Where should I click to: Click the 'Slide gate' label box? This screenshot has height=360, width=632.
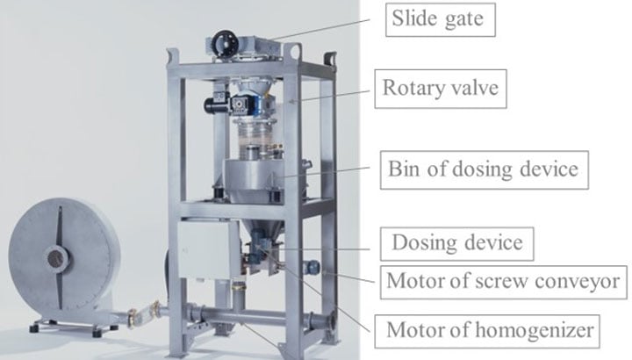pyautogui.click(x=440, y=19)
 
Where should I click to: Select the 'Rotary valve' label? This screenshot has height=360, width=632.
pyautogui.click(x=440, y=89)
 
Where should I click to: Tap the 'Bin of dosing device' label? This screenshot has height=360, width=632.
pyautogui.click(x=484, y=169)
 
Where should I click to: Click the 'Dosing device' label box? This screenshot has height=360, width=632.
pyautogui.click(x=456, y=244)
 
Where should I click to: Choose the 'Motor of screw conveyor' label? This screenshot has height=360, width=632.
pyautogui.click(x=503, y=282)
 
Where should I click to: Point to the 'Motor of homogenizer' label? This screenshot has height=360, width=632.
pyautogui.click(x=487, y=331)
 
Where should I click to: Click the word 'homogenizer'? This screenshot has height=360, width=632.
pyautogui.click(x=535, y=330)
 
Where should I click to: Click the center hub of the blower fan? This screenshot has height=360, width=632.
pyautogui.click(x=56, y=258)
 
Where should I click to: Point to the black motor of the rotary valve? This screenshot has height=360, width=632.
pyautogui.click(x=217, y=103)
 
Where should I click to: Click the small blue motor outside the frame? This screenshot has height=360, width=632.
pyautogui.click(x=312, y=266)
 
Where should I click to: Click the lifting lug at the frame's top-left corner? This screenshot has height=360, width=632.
pyautogui.click(x=173, y=55)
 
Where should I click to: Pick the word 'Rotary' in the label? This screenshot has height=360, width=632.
pyautogui.click(x=409, y=88)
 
